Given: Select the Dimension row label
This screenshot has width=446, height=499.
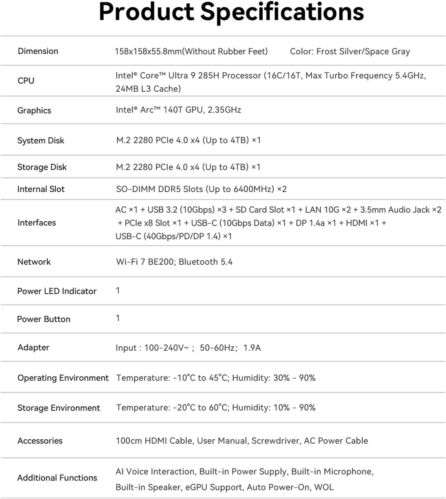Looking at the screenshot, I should click(38, 51).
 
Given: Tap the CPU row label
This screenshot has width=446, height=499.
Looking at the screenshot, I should click(26, 81).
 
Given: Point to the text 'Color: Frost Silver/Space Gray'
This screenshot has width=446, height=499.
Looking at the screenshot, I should click(350, 52).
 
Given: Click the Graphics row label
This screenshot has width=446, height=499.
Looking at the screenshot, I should click(34, 110).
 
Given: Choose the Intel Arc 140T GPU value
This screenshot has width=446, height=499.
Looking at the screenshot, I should click(178, 110).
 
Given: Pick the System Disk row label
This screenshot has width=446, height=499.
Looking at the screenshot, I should click(41, 140).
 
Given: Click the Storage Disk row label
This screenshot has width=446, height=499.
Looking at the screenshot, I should click(42, 167).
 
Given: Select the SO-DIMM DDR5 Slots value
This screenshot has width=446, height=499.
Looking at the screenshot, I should click(201, 189).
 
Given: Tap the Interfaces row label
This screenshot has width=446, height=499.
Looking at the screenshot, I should click(37, 223).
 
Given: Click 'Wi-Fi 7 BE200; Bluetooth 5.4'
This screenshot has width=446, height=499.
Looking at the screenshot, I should click(174, 262).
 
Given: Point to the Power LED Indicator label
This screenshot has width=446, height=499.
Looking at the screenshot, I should click(57, 291).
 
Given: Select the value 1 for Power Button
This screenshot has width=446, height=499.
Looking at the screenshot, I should click(118, 318).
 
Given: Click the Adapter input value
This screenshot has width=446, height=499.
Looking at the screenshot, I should click(188, 348).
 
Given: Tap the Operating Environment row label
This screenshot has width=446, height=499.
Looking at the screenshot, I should click(63, 378).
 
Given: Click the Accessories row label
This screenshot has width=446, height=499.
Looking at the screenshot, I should click(40, 441).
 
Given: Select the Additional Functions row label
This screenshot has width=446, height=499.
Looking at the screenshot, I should click(57, 478).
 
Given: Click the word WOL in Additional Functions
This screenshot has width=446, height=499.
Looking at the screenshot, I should click(324, 487).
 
